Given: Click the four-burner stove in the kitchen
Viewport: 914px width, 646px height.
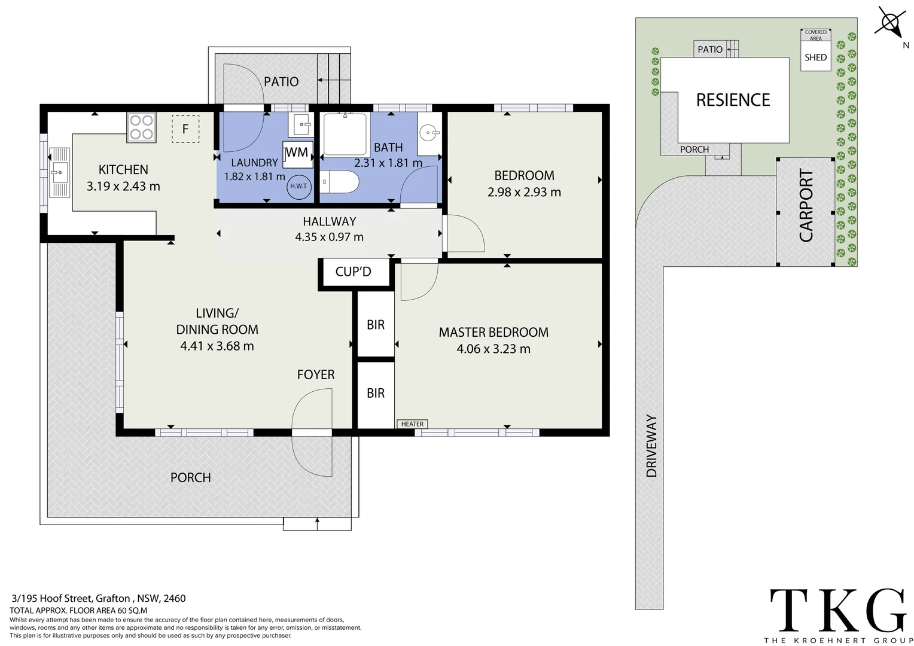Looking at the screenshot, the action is click(x=141, y=127).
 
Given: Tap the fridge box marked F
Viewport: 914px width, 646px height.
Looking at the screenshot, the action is click(x=185, y=129).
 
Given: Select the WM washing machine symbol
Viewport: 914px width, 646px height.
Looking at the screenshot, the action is click(x=298, y=154).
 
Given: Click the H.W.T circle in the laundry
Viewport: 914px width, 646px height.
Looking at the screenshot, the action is click(x=298, y=186).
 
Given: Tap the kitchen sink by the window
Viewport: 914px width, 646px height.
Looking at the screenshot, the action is click(x=59, y=173).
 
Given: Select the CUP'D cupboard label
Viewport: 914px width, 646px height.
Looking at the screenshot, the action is click(x=354, y=272).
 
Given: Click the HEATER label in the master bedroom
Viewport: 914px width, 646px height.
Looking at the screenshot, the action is click(x=412, y=424).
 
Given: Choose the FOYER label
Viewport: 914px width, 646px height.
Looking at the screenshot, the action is click(x=316, y=374).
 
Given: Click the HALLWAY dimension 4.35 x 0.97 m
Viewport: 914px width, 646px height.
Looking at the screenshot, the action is click(x=329, y=237).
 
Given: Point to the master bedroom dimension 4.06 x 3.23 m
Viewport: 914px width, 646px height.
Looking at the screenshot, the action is click(x=493, y=349).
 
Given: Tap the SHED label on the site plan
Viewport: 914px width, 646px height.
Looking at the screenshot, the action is click(x=816, y=57).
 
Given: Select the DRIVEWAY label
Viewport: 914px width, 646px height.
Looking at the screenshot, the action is click(x=651, y=446).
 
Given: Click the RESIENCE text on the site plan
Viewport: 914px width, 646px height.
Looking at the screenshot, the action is click(x=733, y=100).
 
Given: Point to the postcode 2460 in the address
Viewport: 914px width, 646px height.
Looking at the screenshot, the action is click(x=175, y=598).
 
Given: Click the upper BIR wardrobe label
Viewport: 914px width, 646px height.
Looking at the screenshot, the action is click(x=376, y=325).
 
